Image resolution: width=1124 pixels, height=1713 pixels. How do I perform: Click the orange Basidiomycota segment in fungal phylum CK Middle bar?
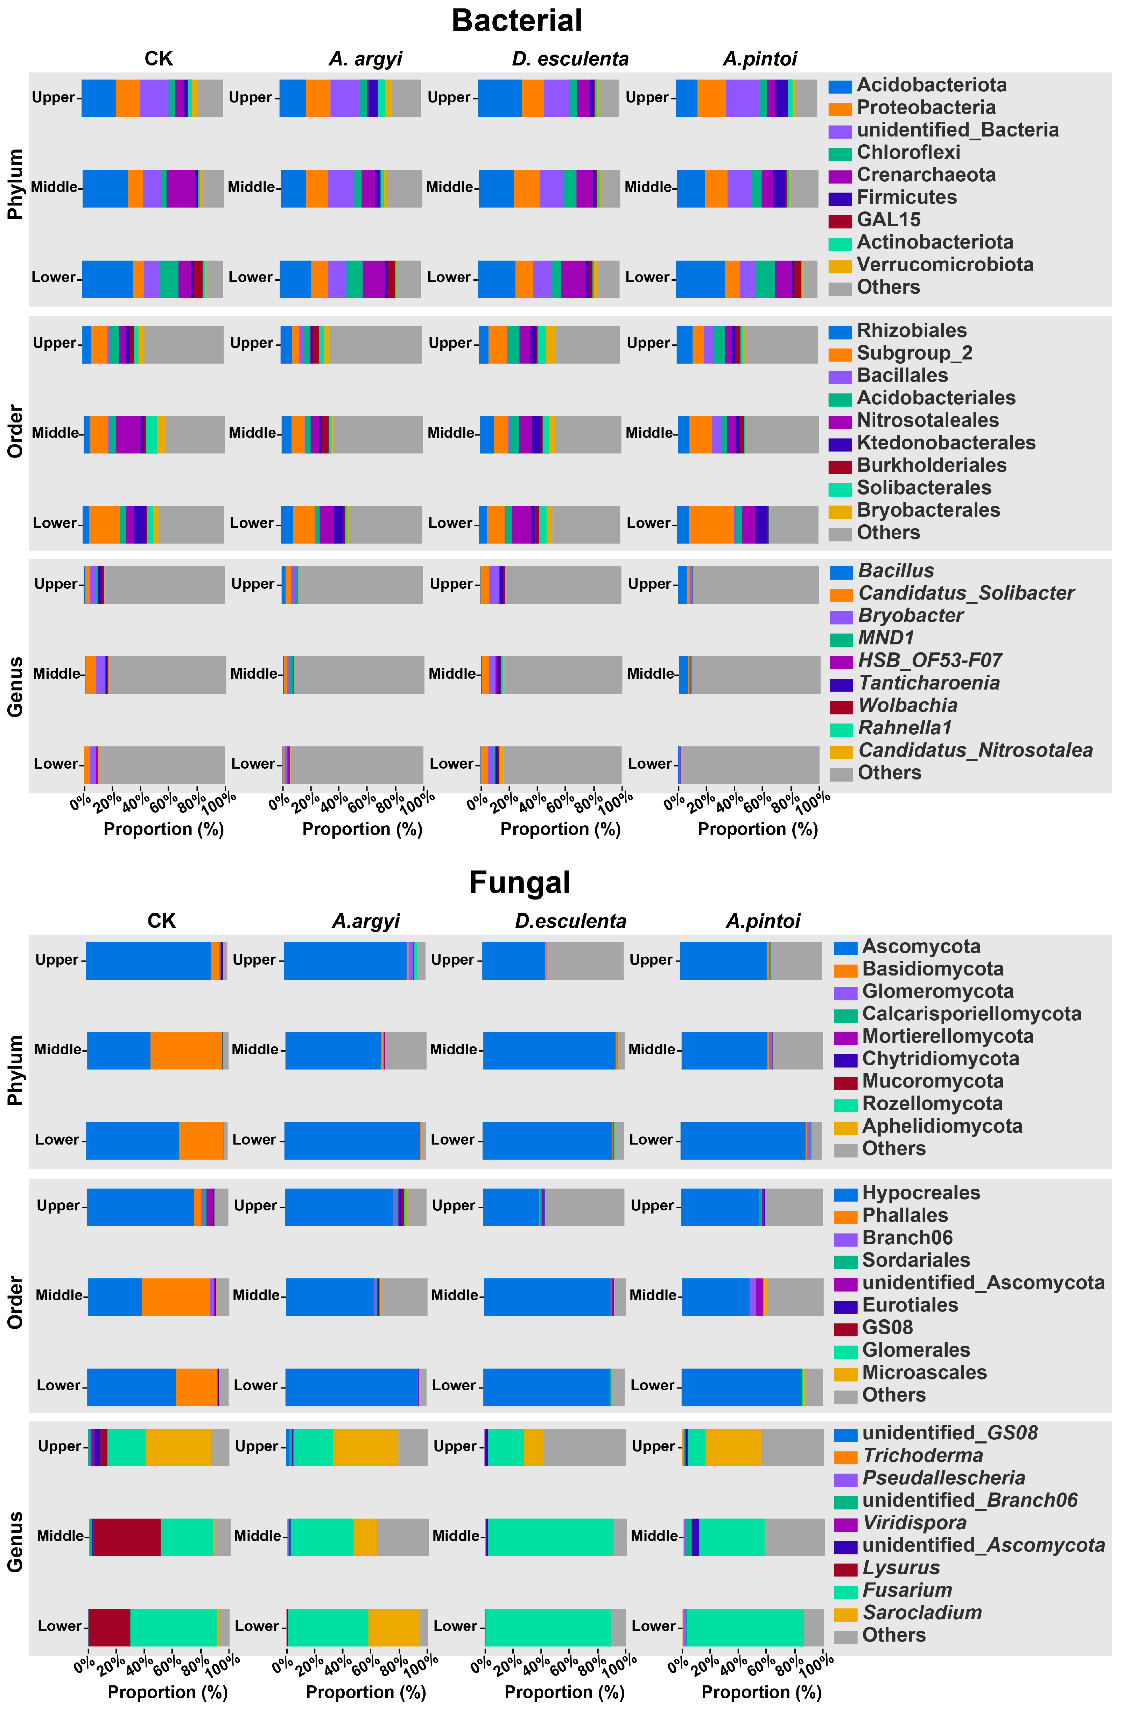186,1050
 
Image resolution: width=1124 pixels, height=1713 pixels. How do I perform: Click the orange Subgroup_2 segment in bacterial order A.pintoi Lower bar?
711,524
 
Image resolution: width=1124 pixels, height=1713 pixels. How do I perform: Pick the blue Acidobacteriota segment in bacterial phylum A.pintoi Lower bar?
700,279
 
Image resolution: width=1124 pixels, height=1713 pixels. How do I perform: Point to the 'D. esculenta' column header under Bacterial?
570,59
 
